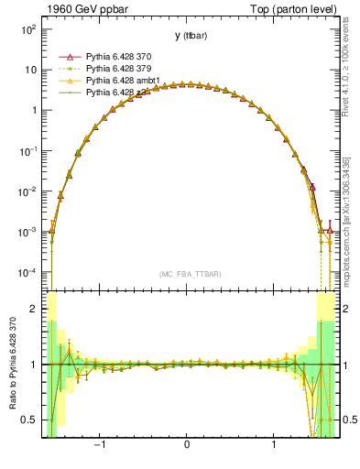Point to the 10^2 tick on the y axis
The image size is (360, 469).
click(27, 29)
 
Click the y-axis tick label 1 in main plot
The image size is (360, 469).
click(34, 111)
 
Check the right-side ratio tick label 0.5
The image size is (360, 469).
click(345, 420)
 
